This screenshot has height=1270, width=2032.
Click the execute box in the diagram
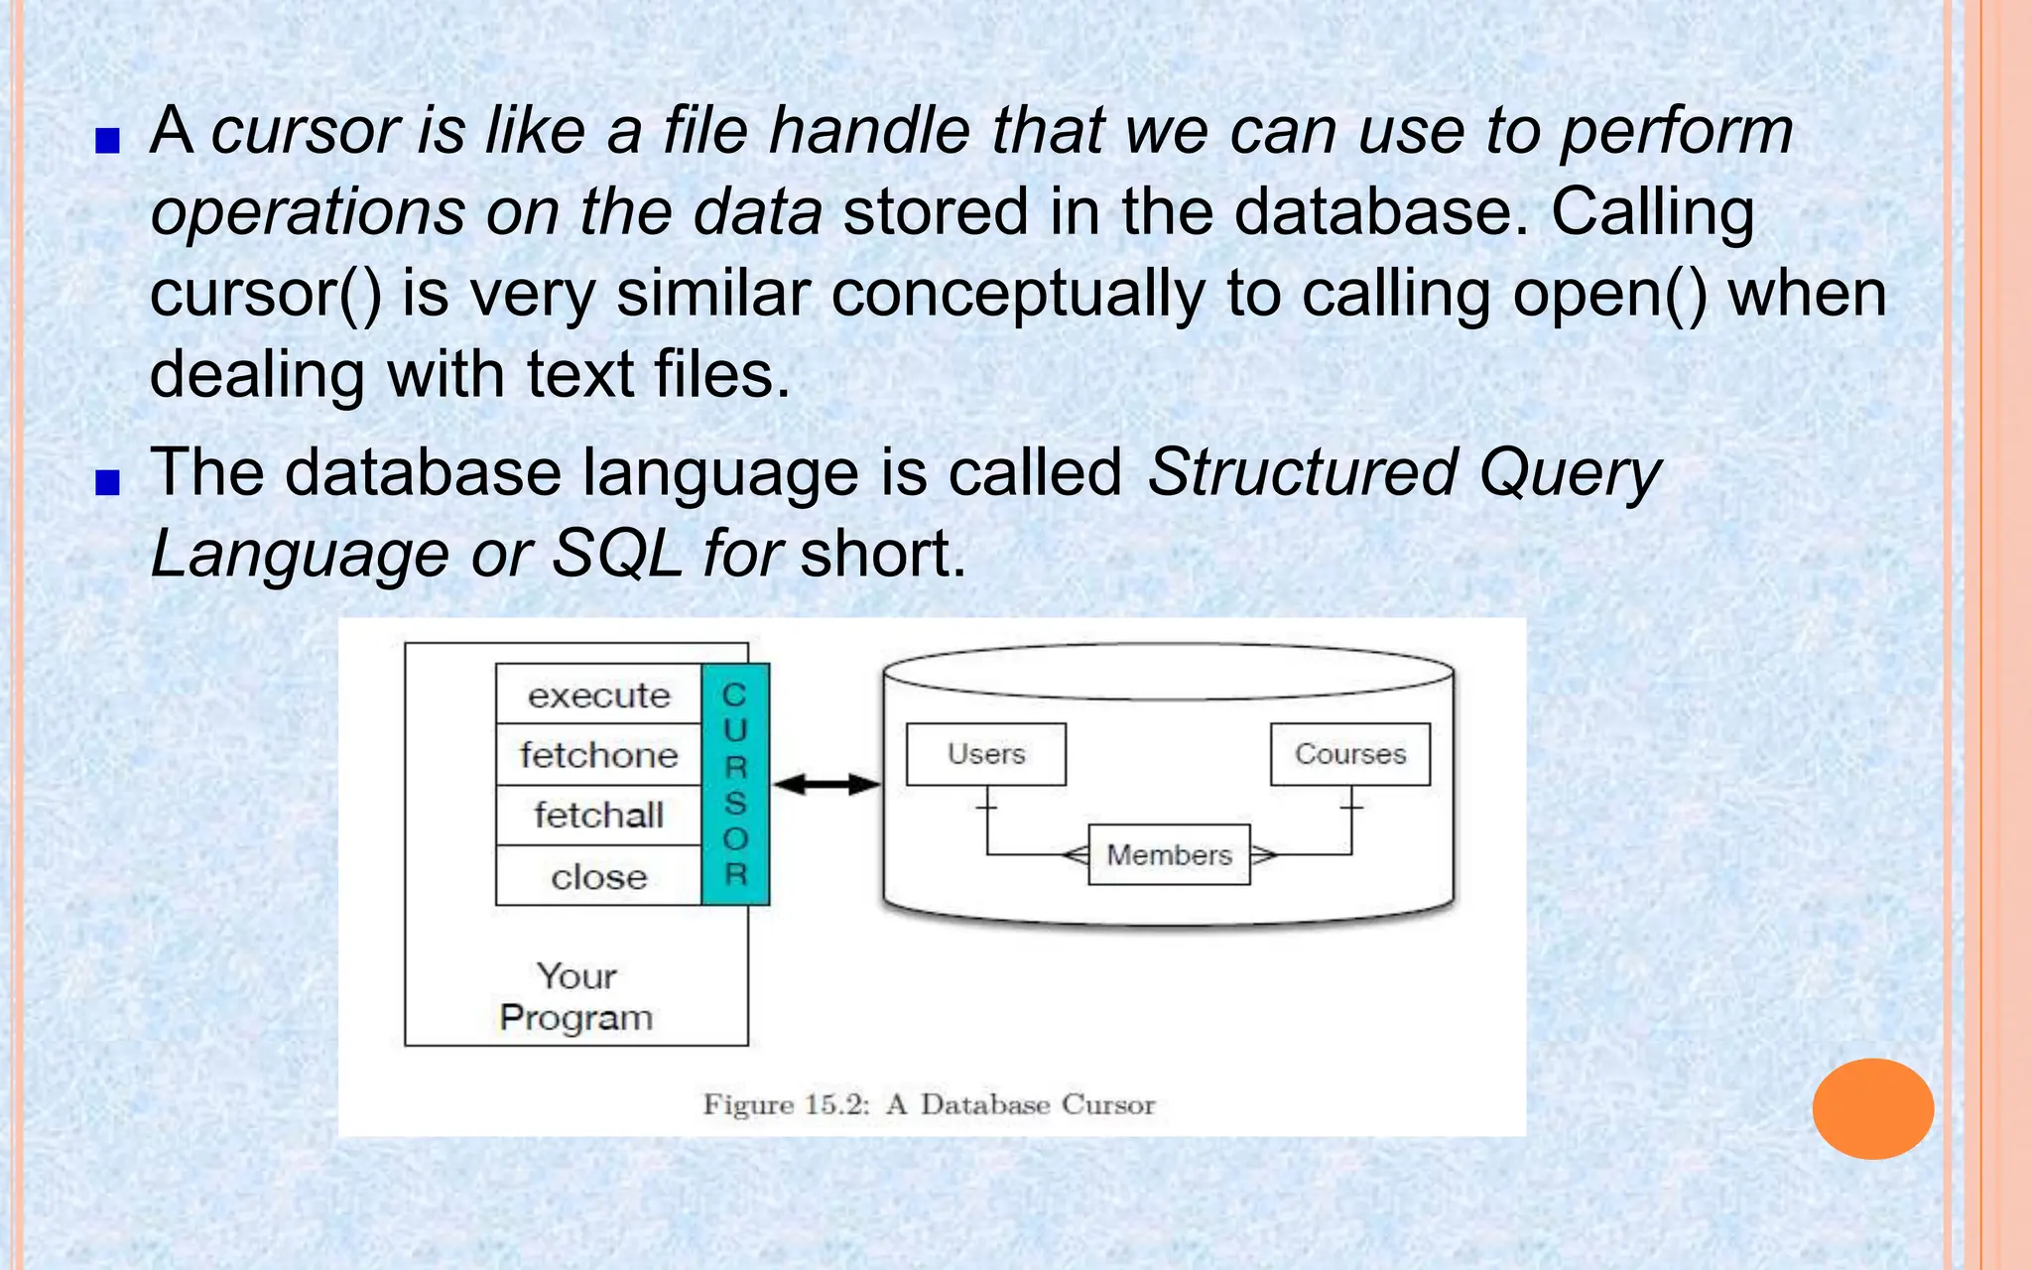coord(598,695)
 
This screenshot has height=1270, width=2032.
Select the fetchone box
coord(598,755)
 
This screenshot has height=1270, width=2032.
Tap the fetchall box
coord(598,816)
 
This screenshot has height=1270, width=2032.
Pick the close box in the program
coord(598,876)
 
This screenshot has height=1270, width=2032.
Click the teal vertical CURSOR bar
coord(735,784)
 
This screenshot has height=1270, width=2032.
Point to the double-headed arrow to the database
coord(825,785)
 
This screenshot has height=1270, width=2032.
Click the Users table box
coord(986,754)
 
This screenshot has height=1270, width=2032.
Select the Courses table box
coord(1350,754)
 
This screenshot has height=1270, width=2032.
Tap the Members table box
coord(1169,854)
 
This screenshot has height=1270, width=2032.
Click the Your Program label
coord(576,997)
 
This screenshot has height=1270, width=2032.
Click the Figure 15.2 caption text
coord(929,1104)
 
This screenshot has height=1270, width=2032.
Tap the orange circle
coord(1872,1108)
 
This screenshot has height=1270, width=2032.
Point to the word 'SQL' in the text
coord(616,553)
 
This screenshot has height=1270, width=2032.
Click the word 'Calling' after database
coord(1652,211)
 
